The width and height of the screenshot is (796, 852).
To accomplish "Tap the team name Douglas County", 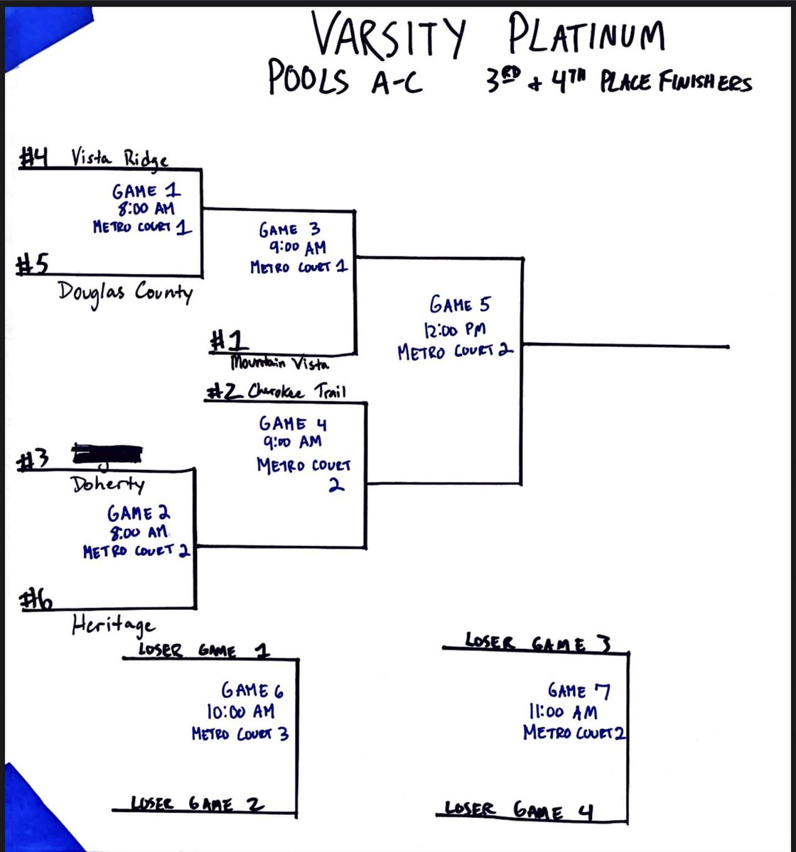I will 126,292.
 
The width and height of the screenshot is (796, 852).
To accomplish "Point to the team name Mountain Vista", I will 279,363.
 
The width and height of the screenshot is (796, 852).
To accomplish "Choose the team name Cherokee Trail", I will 293,392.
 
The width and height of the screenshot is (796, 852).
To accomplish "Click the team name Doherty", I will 108,484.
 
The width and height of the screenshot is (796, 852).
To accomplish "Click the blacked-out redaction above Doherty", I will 107,452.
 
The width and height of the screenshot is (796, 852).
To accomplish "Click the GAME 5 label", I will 459,305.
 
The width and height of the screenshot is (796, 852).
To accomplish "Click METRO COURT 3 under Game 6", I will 240,733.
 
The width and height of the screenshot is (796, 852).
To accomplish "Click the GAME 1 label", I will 146,191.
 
